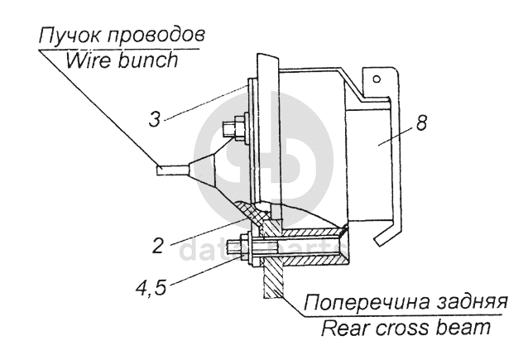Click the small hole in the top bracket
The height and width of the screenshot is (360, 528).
[377, 80]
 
